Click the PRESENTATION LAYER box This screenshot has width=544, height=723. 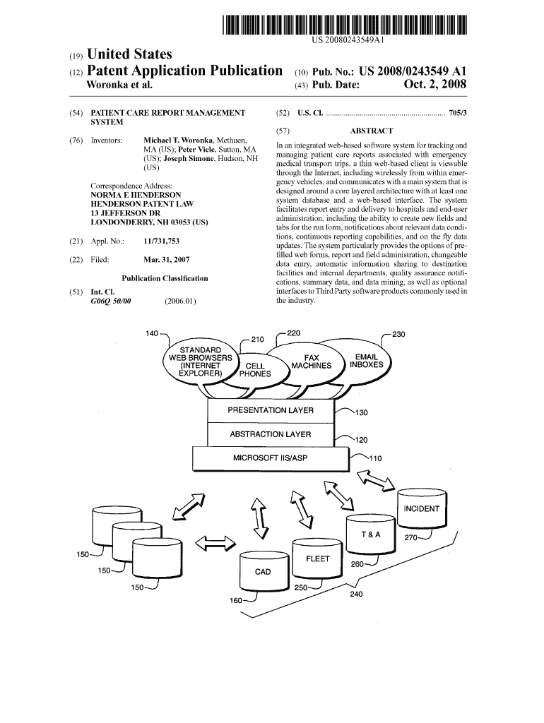(271, 411)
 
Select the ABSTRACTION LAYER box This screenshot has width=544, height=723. (271, 434)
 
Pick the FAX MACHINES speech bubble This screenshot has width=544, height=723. (311, 361)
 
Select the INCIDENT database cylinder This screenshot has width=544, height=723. (422, 508)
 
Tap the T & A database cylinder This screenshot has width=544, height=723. (371, 535)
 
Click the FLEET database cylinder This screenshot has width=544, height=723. (317, 560)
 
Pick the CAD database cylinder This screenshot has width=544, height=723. (263, 571)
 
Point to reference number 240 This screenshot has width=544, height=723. (356, 594)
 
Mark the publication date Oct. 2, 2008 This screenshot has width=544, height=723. (435, 85)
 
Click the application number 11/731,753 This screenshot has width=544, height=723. (161, 241)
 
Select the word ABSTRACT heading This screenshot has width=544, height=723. (371, 131)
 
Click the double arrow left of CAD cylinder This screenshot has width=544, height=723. (215, 542)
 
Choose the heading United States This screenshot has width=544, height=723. (129, 54)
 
